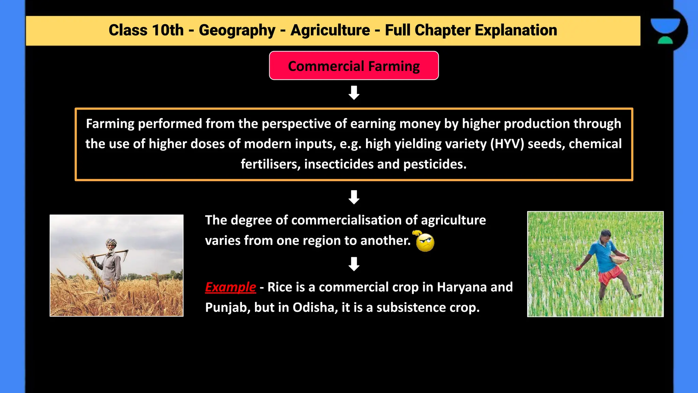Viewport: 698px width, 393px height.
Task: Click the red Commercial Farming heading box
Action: (354, 66)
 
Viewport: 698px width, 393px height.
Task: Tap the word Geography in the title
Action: (237, 30)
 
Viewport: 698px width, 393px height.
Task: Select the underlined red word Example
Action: (230, 287)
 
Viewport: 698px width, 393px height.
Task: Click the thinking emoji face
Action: (425, 242)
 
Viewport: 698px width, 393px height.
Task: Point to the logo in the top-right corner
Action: (665, 31)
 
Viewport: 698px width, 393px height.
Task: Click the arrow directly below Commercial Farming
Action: (354, 93)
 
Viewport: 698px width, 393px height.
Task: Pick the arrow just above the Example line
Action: (354, 264)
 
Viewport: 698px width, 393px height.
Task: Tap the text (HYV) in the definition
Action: (507, 144)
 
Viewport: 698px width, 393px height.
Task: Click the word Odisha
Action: (315, 308)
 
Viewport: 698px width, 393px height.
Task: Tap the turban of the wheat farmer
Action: (111, 243)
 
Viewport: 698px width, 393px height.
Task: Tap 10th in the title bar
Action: (168, 30)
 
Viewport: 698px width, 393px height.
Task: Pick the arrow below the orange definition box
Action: (354, 197)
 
